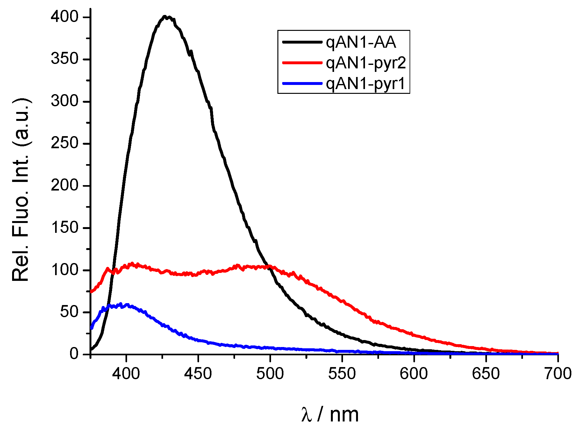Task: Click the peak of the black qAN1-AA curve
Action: (165, 17)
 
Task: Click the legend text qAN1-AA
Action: (361, 42)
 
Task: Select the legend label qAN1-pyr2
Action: (366, 63)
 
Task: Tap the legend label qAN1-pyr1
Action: (365, 84)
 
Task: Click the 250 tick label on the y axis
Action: (65, 143)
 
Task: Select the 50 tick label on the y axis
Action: (69, 312)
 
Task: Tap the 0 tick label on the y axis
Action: (74, 354)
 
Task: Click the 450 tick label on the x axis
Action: (198, 373)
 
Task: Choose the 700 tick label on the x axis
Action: (557, 373)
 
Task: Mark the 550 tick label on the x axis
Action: (342, 373)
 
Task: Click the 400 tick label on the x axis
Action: (126, 373)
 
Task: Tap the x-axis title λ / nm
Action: (330, 414)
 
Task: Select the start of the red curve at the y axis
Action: (91, 291)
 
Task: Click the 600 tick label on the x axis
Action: (414, 373)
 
